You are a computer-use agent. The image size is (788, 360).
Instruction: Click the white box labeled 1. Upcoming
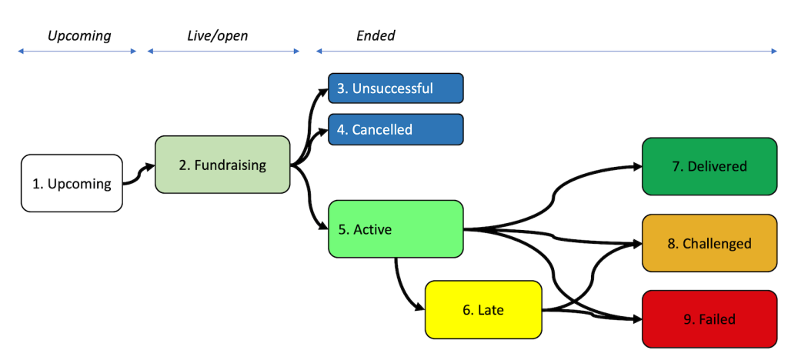point(72,183)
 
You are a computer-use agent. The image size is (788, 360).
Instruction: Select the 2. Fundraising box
point(222,165)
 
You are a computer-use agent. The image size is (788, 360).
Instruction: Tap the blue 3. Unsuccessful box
point(396,88)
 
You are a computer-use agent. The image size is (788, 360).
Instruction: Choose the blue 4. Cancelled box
point(396,129)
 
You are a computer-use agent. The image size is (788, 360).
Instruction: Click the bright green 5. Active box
point(396,228)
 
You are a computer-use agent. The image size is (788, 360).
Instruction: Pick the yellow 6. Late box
point(483,310)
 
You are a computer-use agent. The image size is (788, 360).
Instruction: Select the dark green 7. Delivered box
point(710,166)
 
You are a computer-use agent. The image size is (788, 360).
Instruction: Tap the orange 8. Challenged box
point(710,243)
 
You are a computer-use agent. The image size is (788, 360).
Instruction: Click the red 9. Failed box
point(710,318)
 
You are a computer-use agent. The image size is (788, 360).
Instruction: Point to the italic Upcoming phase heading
point(79,35)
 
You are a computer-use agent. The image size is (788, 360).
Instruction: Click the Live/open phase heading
point(218,35)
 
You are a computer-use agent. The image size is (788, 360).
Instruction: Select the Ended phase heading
point(376,35)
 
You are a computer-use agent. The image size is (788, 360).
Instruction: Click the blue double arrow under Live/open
point(223,52)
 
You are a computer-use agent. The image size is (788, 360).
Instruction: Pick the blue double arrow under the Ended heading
point(546,52)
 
